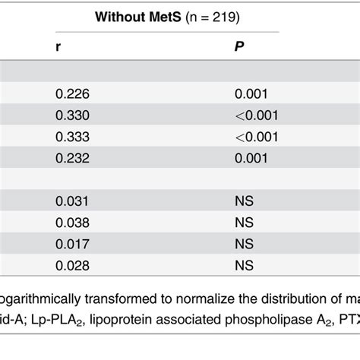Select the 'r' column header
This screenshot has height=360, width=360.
58,46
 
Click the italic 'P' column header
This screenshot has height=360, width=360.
237,46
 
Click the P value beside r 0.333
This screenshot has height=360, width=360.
256,136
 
